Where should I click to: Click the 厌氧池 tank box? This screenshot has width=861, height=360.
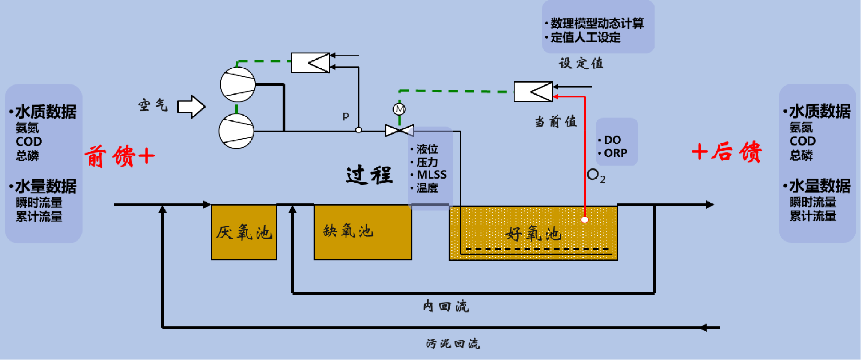(x=244, y=232)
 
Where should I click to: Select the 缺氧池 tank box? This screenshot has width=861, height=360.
(x=363, y=232)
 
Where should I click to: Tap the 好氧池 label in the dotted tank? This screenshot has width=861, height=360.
(x=533, y=234)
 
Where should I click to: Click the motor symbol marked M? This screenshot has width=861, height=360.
(x=399, y=109)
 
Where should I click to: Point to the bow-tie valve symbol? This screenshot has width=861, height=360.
(x=399, y=131)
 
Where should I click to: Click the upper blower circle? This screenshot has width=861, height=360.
(x=238, y=84)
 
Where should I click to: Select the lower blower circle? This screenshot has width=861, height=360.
(x=236, y=131)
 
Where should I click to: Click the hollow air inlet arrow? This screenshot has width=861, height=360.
(x=192, y=107)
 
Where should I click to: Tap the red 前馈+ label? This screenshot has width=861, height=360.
(x=120, y=156)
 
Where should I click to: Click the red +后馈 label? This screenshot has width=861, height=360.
(x=727, y=151)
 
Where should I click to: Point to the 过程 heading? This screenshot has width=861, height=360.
(x=369, y=175)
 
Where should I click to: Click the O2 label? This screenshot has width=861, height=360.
(x=596, y=175)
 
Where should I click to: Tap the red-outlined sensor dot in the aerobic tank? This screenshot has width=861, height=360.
(x=585, y=220)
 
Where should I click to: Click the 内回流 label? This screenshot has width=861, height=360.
(x=446, y=307)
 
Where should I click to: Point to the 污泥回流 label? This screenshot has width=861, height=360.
(x=453, y=344)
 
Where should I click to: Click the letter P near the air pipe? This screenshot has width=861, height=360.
(x=346, y=116)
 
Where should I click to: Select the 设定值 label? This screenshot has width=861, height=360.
(x=581, y=63)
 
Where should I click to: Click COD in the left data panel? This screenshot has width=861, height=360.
(x=29, y=141)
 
